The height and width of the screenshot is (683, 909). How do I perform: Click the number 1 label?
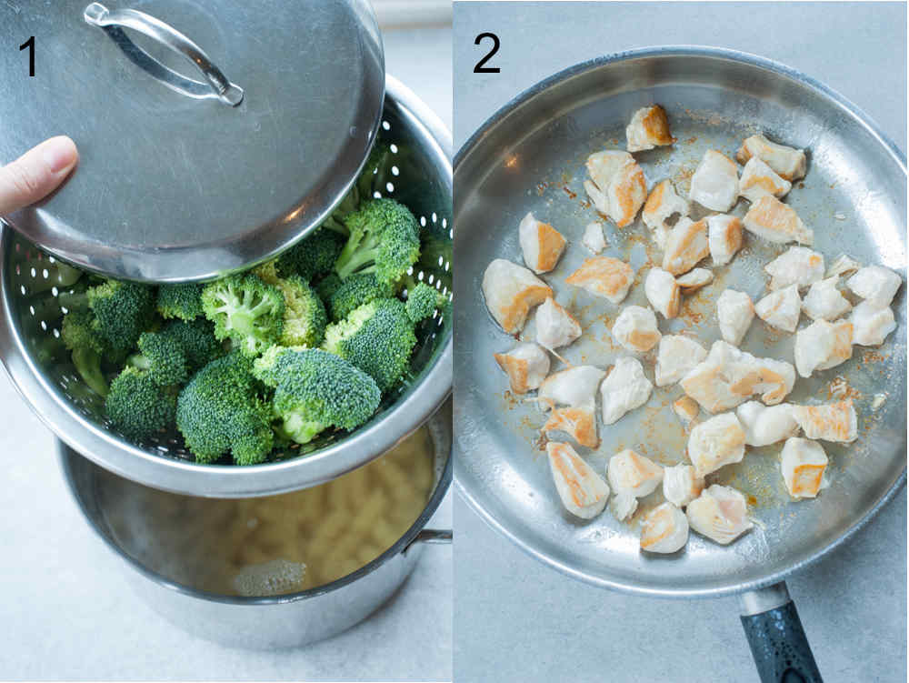[28, 56]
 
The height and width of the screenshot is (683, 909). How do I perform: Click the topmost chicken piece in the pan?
[649, 127]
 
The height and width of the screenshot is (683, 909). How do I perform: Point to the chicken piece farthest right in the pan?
[874, 285]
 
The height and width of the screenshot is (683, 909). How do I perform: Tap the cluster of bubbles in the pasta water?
[270, 575]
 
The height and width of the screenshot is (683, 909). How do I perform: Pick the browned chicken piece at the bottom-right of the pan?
[804, 467]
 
